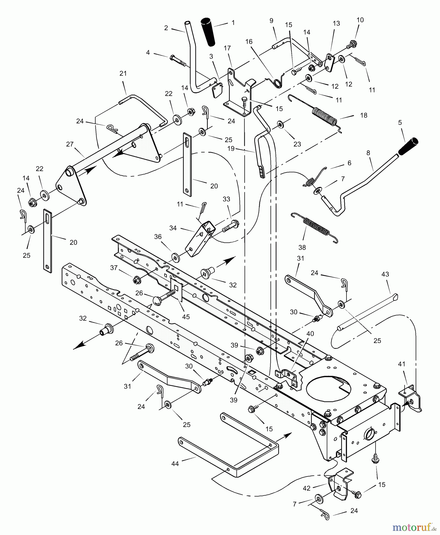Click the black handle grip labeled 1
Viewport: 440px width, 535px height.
tap(209, 32)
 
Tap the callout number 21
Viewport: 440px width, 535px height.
tap(123, 73)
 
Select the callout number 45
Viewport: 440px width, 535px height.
tap(186, 317)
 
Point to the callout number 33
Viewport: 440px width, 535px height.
tap(226, 199)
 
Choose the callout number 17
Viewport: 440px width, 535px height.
tap(227, 48)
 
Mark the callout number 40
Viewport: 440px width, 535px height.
tap(310, 334)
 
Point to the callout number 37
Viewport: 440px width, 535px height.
tap(114, 268)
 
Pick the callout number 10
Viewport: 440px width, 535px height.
tap(360, 20)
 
